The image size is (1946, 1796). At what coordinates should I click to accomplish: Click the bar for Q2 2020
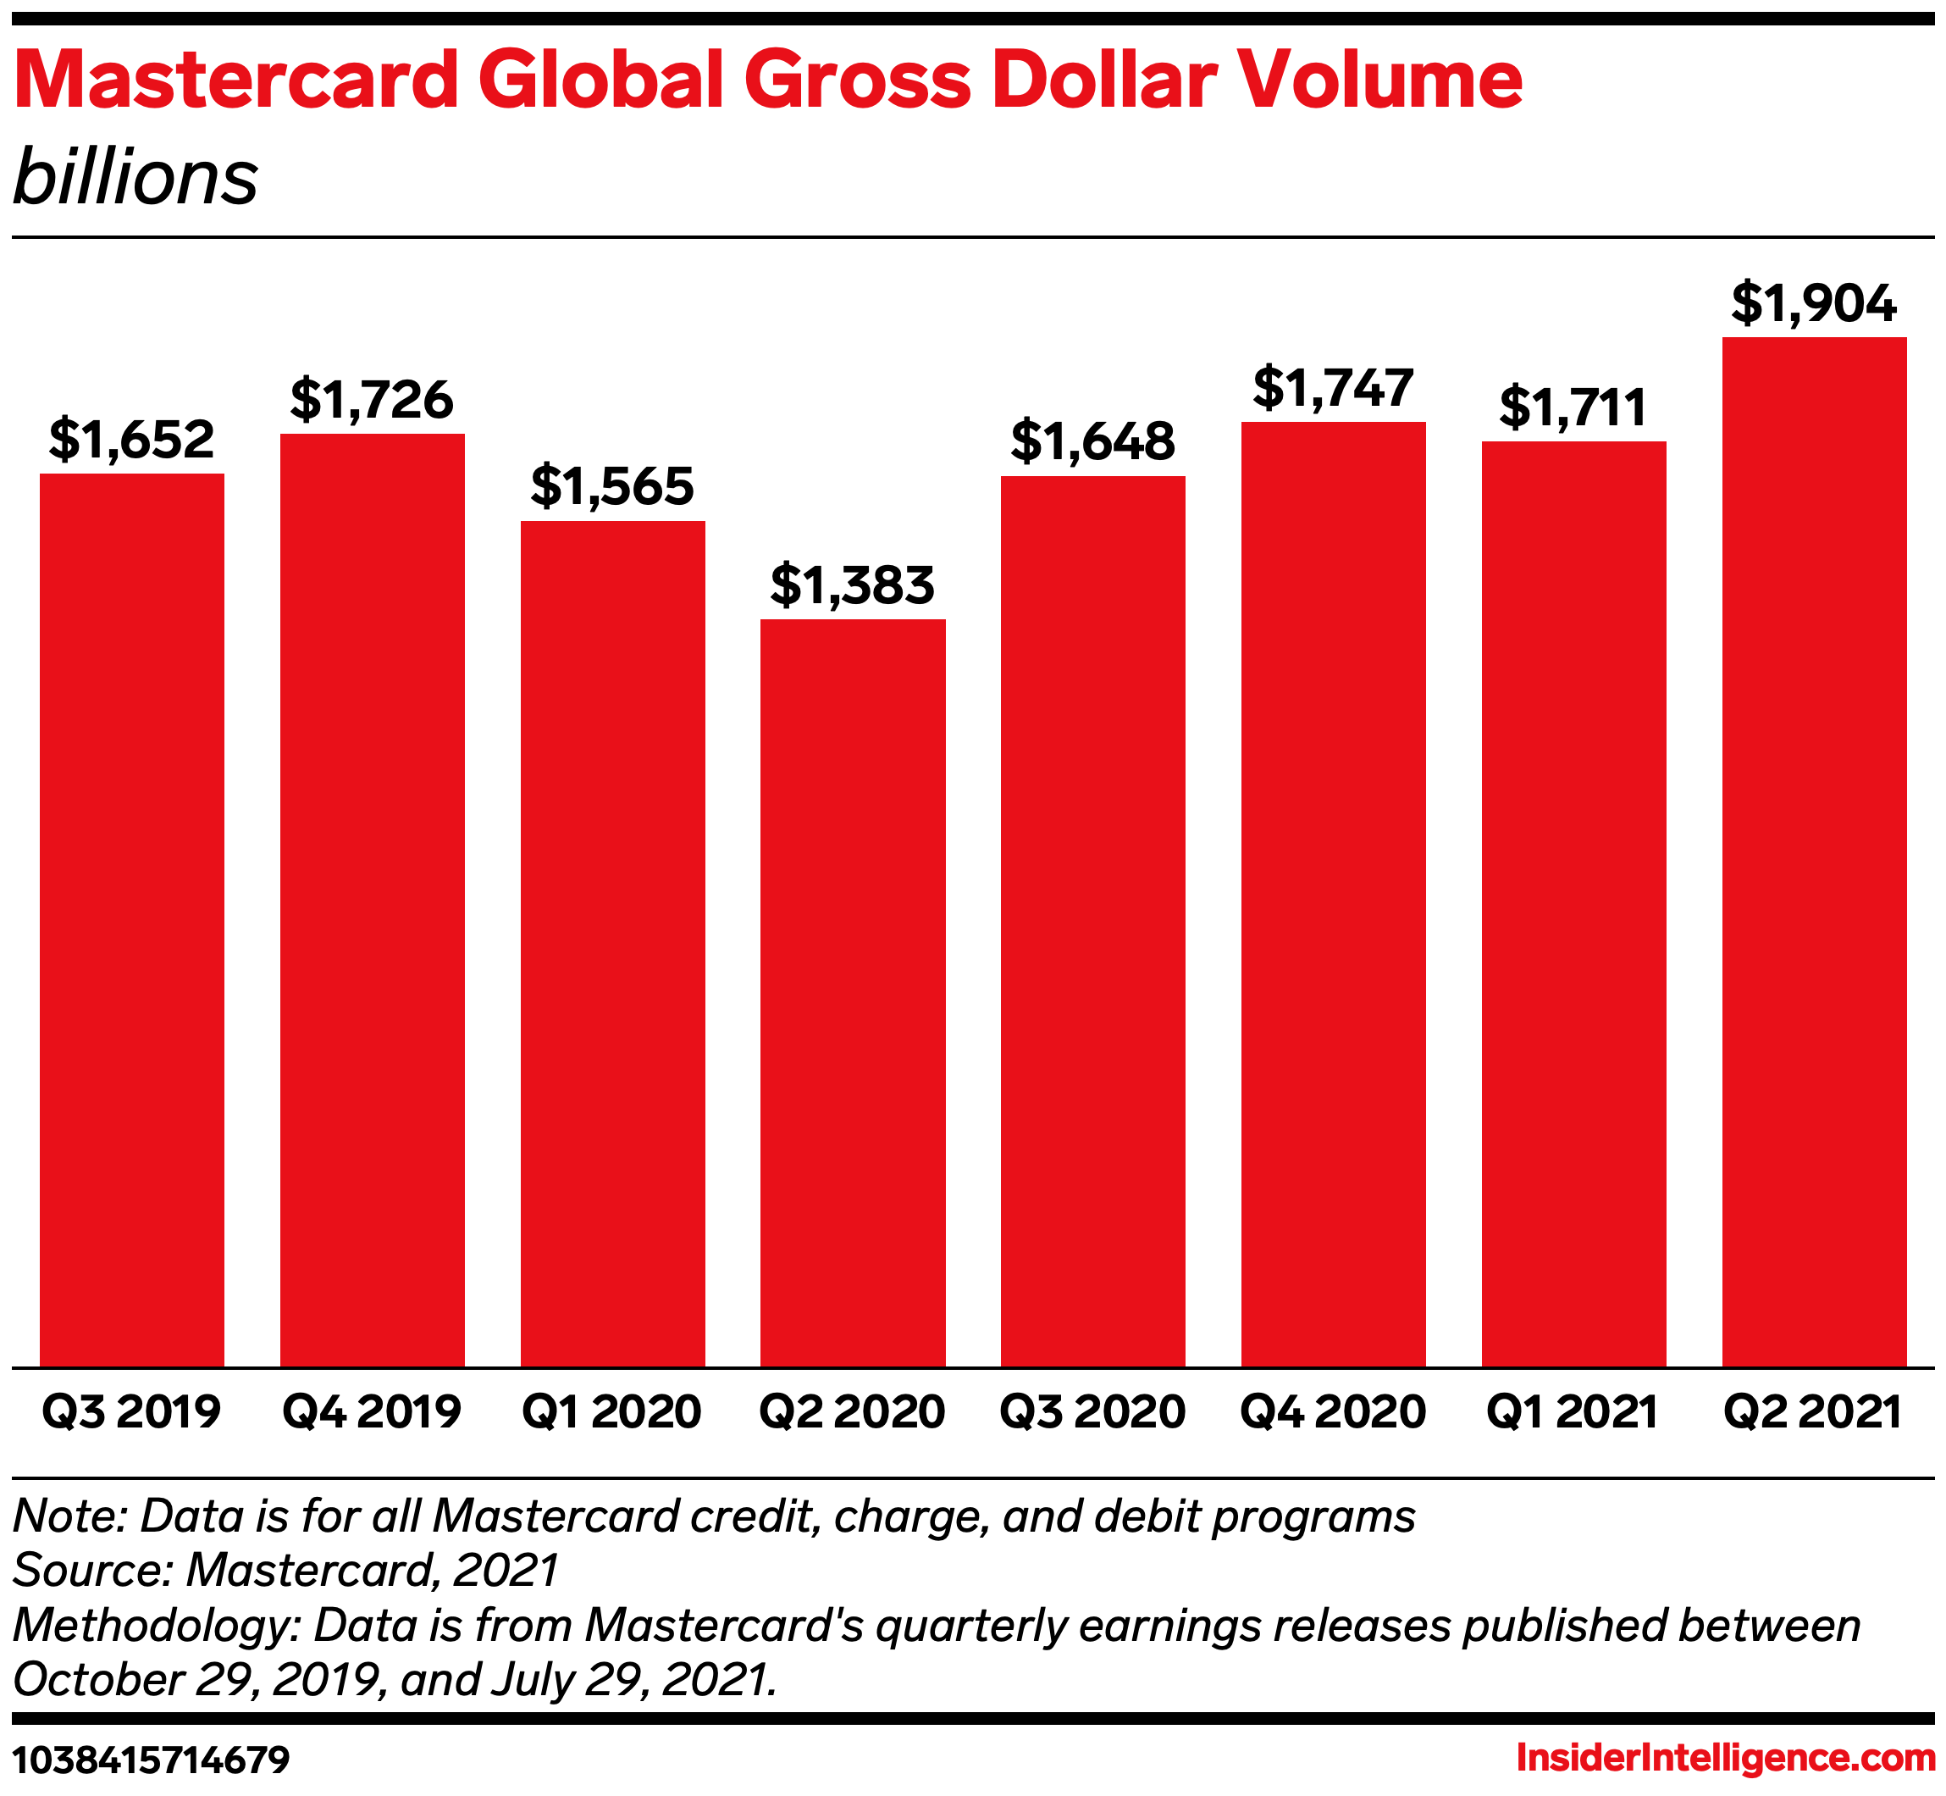click(852, 991)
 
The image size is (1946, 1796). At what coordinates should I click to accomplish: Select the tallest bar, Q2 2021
click(1814, 851)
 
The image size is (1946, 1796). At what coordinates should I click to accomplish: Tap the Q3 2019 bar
click(132, 919)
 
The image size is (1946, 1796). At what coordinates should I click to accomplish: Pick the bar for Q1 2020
click(612, 943)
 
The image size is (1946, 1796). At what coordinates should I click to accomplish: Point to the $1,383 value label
click(852, 585)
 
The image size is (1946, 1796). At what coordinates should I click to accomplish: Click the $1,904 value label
click(1814, 303)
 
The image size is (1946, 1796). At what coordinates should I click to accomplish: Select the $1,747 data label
click(1333, 388)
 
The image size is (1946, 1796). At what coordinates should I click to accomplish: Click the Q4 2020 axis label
click(1333, 1411)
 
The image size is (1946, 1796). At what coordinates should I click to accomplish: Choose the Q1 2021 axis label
click(1573, 1411)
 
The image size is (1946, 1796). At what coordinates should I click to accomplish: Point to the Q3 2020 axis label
click(1093, 1411)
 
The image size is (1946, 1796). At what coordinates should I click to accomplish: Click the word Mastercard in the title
click(236, 80)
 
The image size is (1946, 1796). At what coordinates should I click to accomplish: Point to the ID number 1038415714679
click(152, 1759)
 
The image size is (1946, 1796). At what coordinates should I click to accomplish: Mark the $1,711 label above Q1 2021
click(1573, 407)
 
